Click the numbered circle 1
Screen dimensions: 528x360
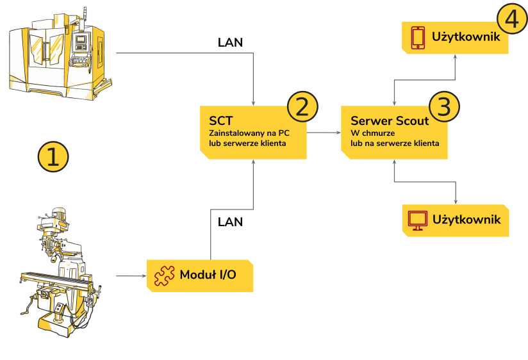pyautogui.click(x=53, y=157)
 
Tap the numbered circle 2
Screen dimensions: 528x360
pyautogui.click(x=302, y=106)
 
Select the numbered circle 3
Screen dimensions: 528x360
pyautogui.click(x=444, y=106)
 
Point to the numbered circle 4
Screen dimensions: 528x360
pyautogui.click(x=512, y=19)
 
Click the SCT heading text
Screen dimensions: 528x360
pyautogui.click(x=221, y=120)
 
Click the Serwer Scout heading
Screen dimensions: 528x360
pyautogui.click(x=390, y=120)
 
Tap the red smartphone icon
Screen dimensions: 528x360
pyautogui.click(x=418, y=38)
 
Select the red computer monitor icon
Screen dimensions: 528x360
pyautogui.click(x=418, y=220)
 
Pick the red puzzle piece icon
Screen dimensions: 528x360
pyautogui.click(x=164, y=276)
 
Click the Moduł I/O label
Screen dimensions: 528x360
pyautogui.click(x=208, y=274)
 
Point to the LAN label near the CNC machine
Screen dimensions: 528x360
pyautogui.click(x=230, y=42)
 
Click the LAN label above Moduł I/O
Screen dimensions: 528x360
pyautogui.click(x=230, y=222)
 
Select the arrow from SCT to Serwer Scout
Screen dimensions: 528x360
pyautogui.click(x=324, y=133)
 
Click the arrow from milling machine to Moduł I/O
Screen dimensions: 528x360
pyautogui.click(x=131, y=276)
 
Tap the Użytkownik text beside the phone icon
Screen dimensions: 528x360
pyautogui.click(x=466, y=37)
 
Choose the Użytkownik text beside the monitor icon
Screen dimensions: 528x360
pyautogui.click(x=466, y=220)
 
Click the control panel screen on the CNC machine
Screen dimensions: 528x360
pyautogui.click(x=81, y=40)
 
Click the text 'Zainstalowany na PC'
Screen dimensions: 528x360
pyautogui.click(x=249, y=133)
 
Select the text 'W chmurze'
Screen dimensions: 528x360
pyautogui.click(x=373, y=133)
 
